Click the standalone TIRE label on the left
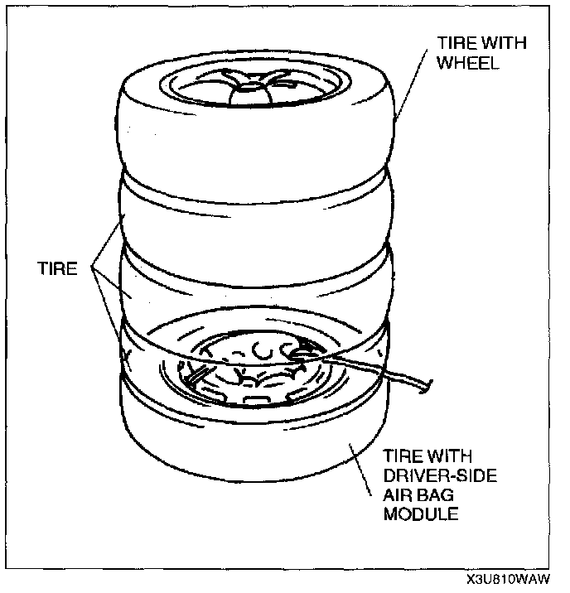click(56, 269)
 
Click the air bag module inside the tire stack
click(249, 373)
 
